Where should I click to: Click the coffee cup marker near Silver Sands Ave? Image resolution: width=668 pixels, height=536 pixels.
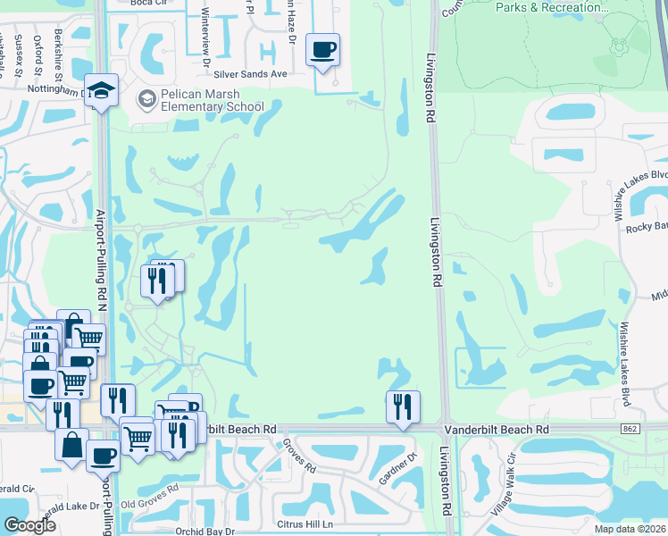pyautogui.click(x=322, y=50)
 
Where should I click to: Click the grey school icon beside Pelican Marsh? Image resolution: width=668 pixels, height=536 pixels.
pyautogui.click(x=145, y=99)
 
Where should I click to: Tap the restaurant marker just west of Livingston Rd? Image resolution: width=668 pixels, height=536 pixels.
pyautogui.click(x=403, y=407)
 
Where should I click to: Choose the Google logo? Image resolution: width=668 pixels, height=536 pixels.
pyautogui.click(x=29, y=525)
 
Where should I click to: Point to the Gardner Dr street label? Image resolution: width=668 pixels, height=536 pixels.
pyautogui.click(x=398, y=469)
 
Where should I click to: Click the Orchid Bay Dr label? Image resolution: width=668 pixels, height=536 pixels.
pyautogui.click(x=205, y=531)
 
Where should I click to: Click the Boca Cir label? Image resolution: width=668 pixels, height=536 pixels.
pyautogui.click(x=147, y=4)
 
